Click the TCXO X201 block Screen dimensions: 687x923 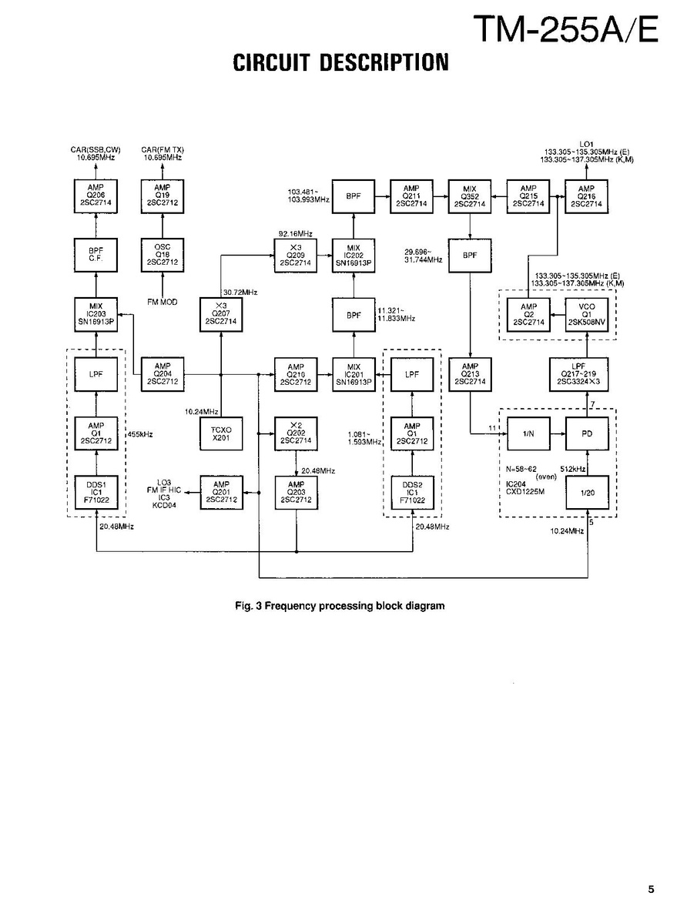point(221,434)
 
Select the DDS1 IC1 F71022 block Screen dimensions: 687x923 point(96,493)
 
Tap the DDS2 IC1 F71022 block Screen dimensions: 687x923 point(412,493)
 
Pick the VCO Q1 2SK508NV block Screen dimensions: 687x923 point(587,314)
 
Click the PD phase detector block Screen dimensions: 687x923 point(587,434)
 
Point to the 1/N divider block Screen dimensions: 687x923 point(528,434)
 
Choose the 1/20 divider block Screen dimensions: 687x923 point(587,493)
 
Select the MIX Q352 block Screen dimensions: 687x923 point(470,196)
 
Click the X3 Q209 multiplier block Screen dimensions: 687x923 point(296,256)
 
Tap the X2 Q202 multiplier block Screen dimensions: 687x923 point(296,434)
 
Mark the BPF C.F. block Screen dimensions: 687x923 point(96,256)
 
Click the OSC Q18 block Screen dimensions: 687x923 point(163,256)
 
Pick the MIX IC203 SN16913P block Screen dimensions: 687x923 point(96,314)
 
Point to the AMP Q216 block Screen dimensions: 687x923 point(586,196)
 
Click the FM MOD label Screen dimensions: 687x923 point(163,302)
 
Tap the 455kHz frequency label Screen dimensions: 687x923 point(140,434)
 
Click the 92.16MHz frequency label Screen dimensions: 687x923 point(296,234)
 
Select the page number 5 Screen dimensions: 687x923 point(651,889)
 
